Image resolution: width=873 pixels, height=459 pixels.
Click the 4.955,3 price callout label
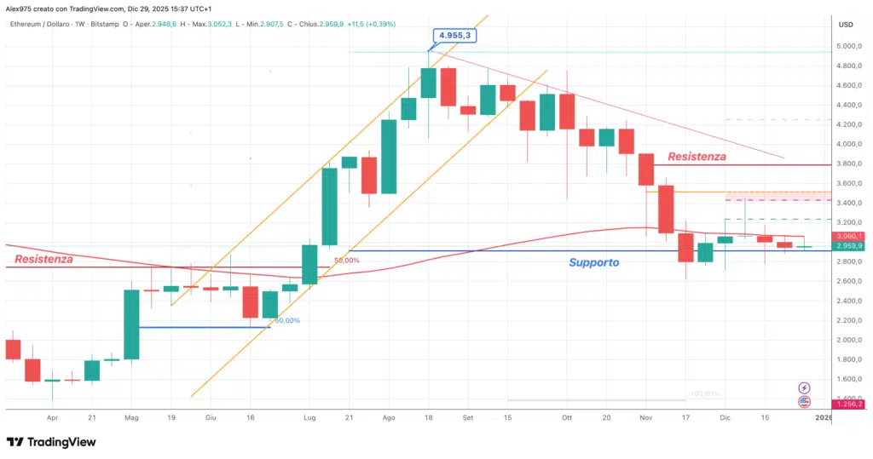pyautogui.click(x=455, y=36)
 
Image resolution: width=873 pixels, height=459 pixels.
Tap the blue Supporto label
pyautogui.click(x=594, y=263)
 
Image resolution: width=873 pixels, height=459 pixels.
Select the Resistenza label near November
pyautogui.click(x=697, y=157)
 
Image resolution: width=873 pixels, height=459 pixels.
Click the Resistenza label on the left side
pyautogui.click(x=43, y=258)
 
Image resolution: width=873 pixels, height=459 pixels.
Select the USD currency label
pyautogui.click(x=846, y=24)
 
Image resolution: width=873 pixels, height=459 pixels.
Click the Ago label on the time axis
pyautogui.click(x=389, y=418)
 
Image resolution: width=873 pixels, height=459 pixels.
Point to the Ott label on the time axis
pyautogui.click(x=566, y=418)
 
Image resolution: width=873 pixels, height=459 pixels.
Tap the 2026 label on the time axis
pyautogui.click(x=824, y=418)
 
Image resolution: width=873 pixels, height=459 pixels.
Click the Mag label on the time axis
pyautogui.click(x=131, y=418)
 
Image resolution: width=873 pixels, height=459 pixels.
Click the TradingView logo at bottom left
pyautogui.click(x=51, y=442)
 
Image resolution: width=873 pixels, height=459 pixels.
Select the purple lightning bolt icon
pyautogui.click(x=804, y=387)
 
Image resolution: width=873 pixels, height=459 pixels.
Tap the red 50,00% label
pyautogui.click(x=346, y=260)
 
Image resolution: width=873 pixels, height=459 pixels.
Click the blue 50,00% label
pyautogui.click(x=286, y=320)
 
